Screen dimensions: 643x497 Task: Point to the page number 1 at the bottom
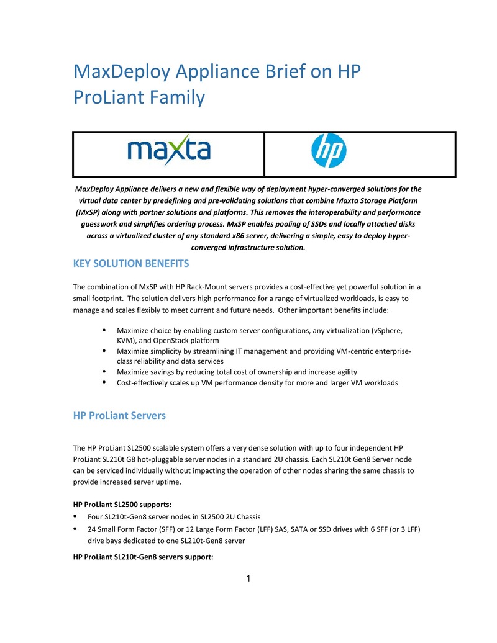pyautogui.click(x=248, y=579)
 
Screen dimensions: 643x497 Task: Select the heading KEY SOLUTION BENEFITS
pyautogui.click(x=131, y=264)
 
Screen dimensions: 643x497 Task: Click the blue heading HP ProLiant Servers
pyautogui.click(x=119, y=415)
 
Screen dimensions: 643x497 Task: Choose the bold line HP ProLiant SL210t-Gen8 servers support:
pyautogui.click(x=143, y=557)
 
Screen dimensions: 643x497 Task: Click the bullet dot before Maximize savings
pyautogui.click(x=104, y=371)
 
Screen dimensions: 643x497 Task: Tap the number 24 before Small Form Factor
pyautogui.click(x=92, y=529)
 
